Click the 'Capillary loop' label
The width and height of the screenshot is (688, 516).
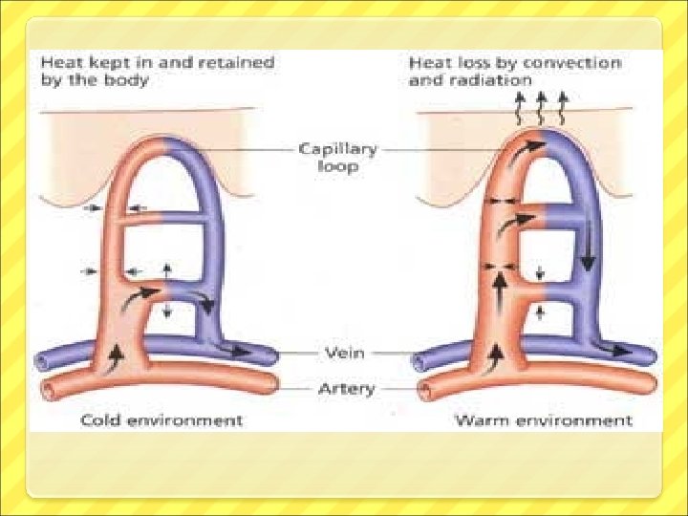(x=337, y=158)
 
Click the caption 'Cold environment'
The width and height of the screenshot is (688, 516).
(x=161, y=420)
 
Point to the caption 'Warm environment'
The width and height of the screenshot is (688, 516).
(x=543, y=420)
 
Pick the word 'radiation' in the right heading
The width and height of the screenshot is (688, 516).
(x=490, y=81)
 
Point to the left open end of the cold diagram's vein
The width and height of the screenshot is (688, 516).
(x=42, y=362)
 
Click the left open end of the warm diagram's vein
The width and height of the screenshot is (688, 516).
(x=419, y=362)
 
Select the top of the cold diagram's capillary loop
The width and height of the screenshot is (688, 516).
(x=164, y=146)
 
